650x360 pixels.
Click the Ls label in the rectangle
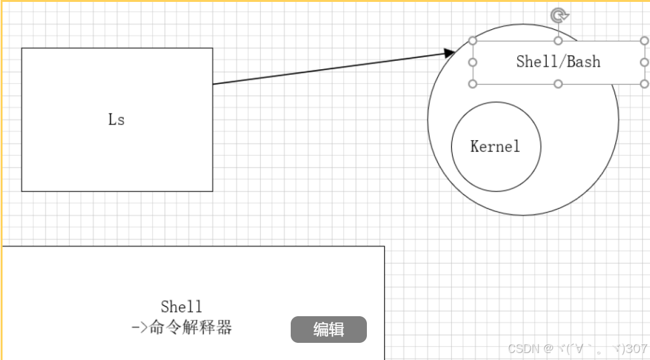pyautogui.click(x=116, y=119)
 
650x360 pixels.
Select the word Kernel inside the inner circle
pyautogui.click(x=495, y=147)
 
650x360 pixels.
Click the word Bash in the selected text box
pyautogui.click(x=584, y=62)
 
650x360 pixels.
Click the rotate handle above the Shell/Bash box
pyautogui.click(x=559, y=15)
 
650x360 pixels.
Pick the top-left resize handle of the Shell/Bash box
pyautogui.click(x=472, y=41)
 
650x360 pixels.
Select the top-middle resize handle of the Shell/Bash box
pyautogui.click(x=559, y=41)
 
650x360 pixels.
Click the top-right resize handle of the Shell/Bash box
pyautogui.click(x=644, y=41)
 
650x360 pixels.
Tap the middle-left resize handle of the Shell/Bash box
pyautogui.click(x=472, y=62)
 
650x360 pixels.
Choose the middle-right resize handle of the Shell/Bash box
pyautogui.click(x=644, y=62)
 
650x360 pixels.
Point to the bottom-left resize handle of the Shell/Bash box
pyautogui.click(x=472, y=84)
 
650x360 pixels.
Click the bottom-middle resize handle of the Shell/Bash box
pyautogui.click(x=559, y=84)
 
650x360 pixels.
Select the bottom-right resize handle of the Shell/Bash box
pyautogui.click(x=644, y=84)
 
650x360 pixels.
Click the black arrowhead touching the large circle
pyautogui.click(x=449, y=53)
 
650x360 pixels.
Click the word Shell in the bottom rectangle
pyautogui.click(x=182, y=307)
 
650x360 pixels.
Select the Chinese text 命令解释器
pyautogui.click(x=191, y=328)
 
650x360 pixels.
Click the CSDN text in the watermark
pyautogui.click(x=523, y=349)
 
